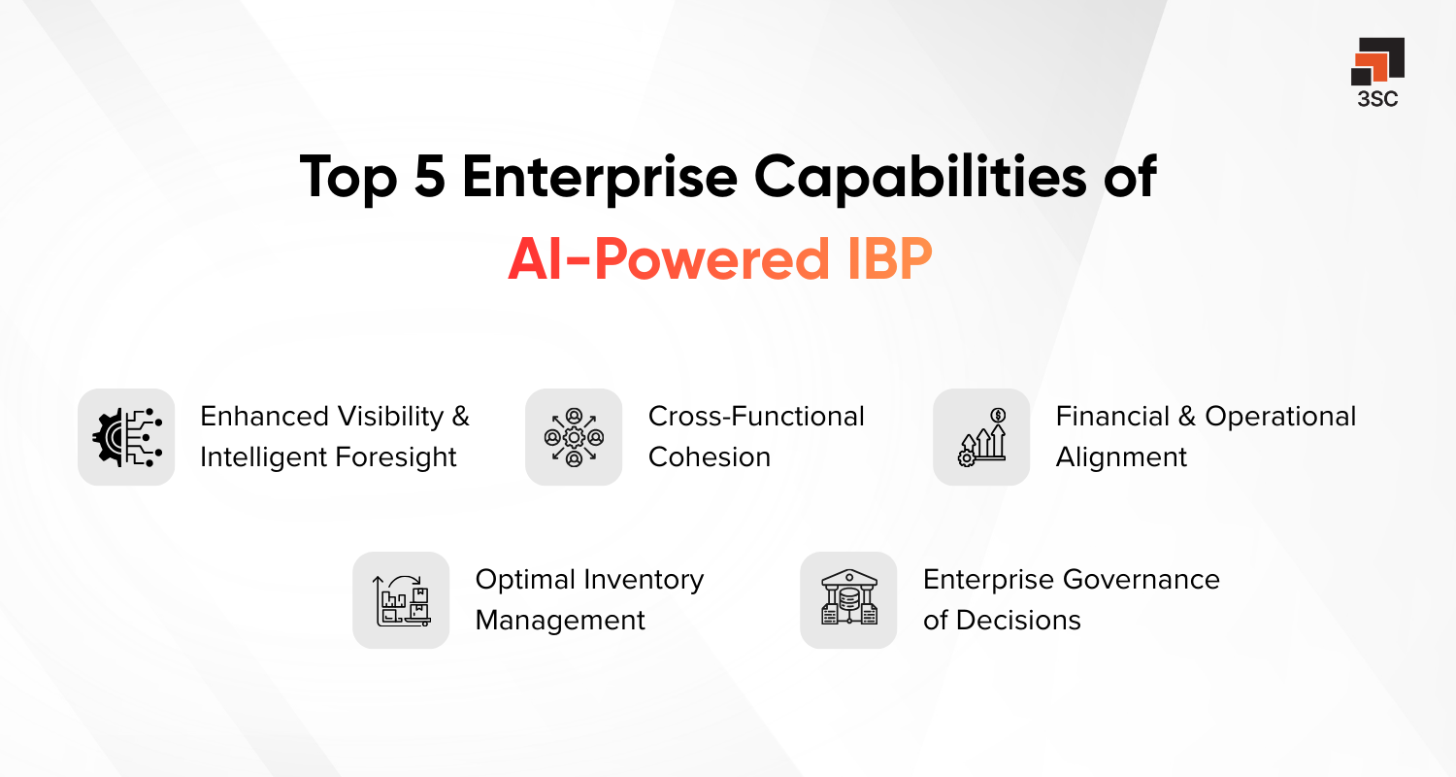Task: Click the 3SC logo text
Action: [1377, 99]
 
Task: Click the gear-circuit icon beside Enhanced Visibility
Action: [126, 437]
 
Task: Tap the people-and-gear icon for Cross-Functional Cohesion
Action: [574, 437]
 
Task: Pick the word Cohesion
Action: [709, 457]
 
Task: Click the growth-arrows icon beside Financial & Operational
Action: [981, 437]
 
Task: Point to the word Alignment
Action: [1121, 457]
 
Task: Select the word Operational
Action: [1280, 417]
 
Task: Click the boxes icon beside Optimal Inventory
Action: [401, 600]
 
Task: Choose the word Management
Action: [560, 621]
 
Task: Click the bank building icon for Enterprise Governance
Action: [848, 600]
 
